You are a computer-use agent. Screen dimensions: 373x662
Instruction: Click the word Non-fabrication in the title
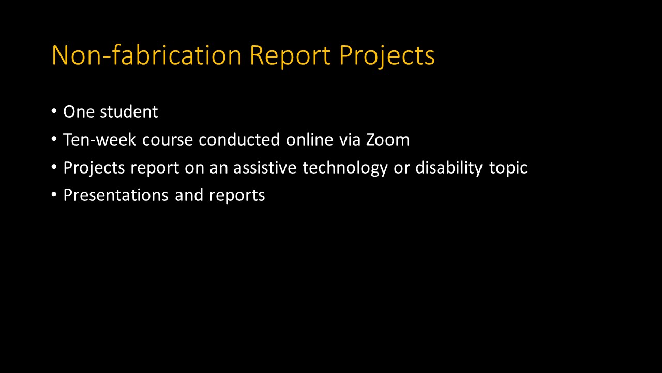146,55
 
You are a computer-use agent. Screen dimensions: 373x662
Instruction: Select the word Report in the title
290,55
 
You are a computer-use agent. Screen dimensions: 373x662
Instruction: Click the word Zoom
388,140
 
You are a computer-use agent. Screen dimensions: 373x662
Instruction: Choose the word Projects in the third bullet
94,168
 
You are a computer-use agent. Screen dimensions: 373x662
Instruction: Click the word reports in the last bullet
237,196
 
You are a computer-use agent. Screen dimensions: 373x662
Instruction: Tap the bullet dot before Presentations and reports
54,195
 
